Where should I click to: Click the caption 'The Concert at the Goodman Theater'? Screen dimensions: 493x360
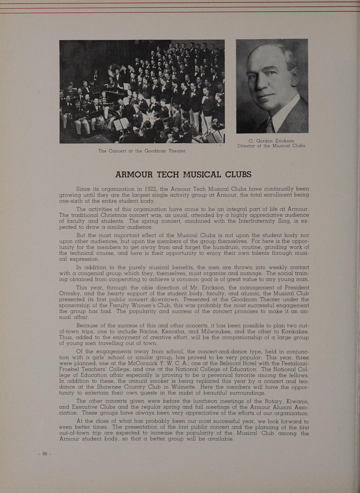click(142, 151)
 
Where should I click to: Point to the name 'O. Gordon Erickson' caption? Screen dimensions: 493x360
click(271, 141)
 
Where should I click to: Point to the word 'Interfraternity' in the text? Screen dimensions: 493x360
click(254, 221)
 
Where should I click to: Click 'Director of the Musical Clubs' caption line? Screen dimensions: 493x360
click(271, 146)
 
